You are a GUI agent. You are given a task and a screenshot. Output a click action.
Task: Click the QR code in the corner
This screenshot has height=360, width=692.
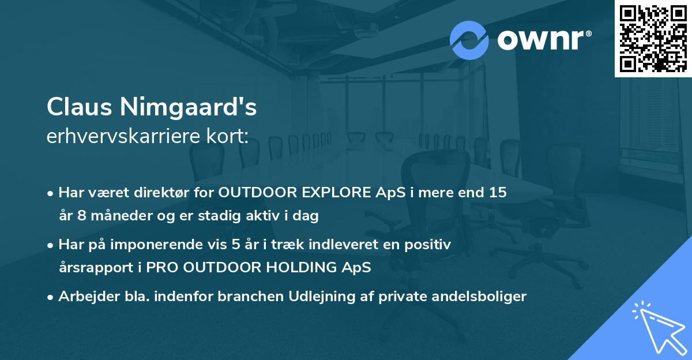(653, 39)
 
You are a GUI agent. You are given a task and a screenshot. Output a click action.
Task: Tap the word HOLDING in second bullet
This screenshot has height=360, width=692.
(306, 268)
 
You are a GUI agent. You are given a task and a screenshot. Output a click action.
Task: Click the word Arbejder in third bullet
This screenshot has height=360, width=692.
(84, 297)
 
